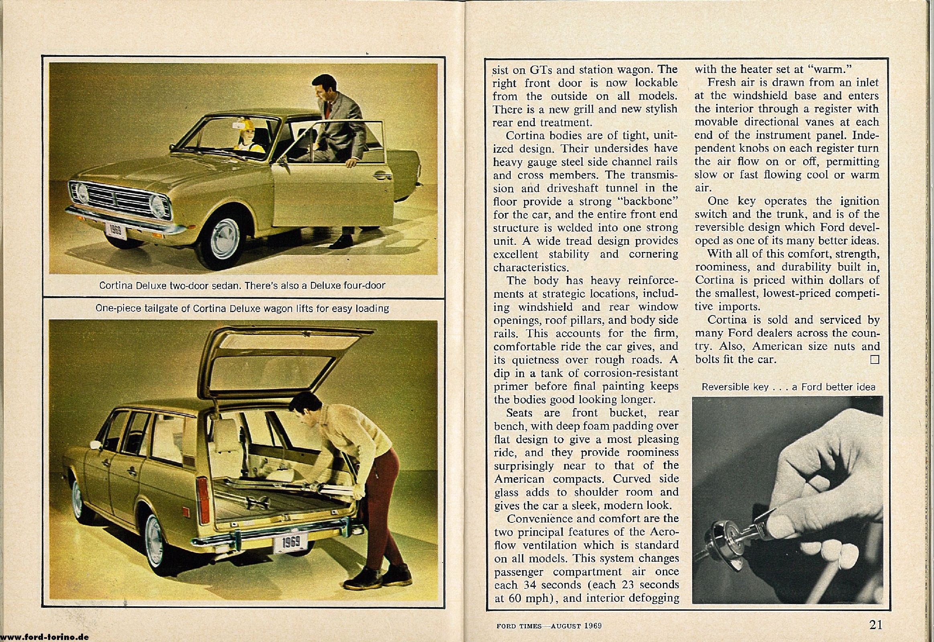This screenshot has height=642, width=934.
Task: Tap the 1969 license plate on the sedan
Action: pyautogui.click(x=116, y=231)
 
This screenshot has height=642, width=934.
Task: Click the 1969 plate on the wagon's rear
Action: pyautogui.click(x=290, y=543)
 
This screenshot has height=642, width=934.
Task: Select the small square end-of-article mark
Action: pyautogui.click(x=875, y=359)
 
